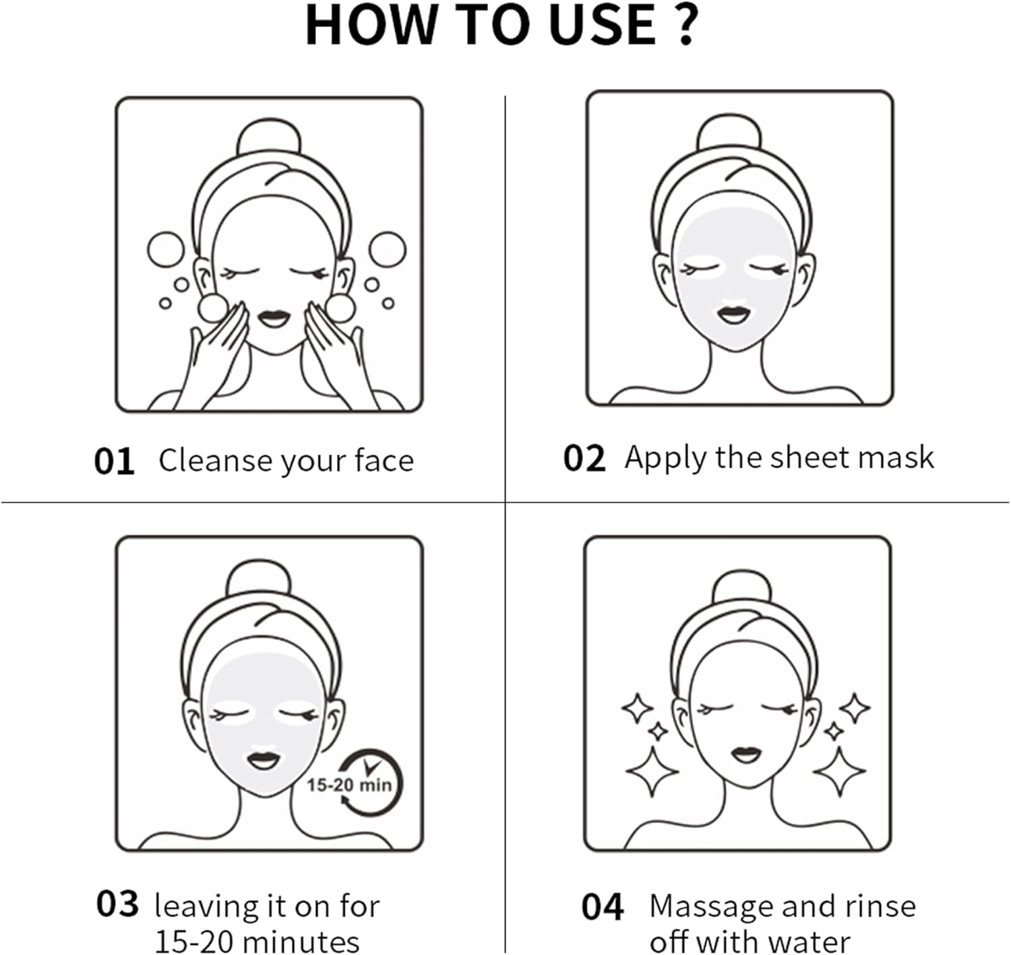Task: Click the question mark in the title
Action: click(686, 25)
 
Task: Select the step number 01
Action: click(114, 462)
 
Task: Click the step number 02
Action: click(584, 459)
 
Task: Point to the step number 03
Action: click(117, 904)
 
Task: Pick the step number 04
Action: click(602, 907)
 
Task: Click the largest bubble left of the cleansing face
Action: click(165, 250)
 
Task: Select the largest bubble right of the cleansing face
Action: click(388, 250)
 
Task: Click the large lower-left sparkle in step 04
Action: click(652, 771)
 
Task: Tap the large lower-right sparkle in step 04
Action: click(839, 771)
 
